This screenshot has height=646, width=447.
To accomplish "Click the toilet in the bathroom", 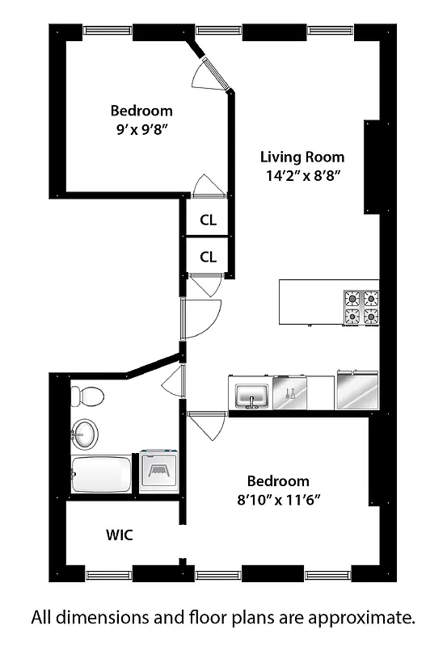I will tap(87, 396).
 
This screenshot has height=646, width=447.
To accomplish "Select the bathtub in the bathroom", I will tap(102, 475).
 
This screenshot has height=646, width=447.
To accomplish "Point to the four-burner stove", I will tap(361, 307).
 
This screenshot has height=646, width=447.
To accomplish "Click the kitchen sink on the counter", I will tap(252, 396).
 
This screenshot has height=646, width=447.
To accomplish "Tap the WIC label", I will tap(119, 535).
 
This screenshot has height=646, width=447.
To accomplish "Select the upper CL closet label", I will tap(208, 220).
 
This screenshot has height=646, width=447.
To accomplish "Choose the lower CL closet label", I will tap(208, 258).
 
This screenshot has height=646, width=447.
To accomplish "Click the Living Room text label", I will tap(302, 157).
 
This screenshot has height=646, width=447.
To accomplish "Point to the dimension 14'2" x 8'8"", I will tap(302, 177).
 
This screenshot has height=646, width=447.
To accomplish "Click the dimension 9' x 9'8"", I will tap(141, 129).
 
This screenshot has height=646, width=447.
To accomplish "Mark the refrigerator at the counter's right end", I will tap(356, 391).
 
